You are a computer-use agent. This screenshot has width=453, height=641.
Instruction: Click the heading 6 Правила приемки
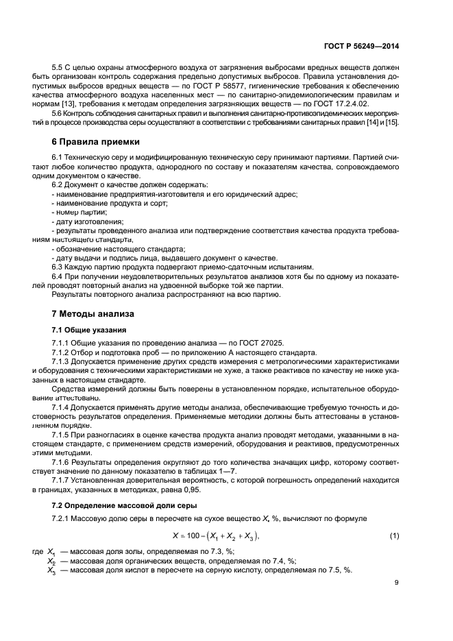(95, 142)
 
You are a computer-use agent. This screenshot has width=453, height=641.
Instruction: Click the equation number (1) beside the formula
(394, 535)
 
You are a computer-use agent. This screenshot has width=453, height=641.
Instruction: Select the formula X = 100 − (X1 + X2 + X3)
(217, 535)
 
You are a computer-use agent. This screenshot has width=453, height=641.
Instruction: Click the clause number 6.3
(59, 266)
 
